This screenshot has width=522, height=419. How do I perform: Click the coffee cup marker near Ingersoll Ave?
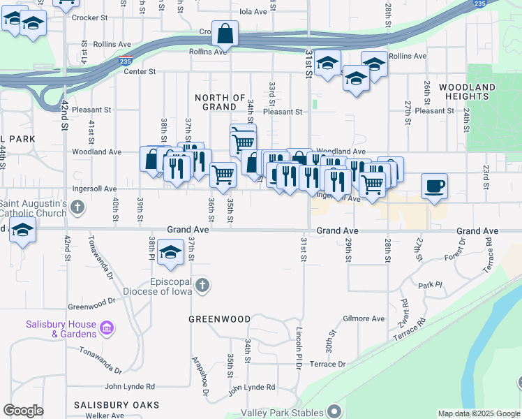(434, 186)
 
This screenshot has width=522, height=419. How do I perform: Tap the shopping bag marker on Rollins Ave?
(225, 34)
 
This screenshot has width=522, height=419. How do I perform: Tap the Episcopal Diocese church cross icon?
(202, 284)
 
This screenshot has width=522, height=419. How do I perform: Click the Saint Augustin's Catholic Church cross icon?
(77, 207)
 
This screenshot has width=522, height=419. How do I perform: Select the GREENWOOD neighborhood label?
(220, 319)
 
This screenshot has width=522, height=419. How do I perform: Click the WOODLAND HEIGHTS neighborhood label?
(468, 91)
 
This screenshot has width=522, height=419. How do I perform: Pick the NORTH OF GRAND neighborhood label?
(220, 102)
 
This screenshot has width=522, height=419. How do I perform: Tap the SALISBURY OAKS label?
(117, 405)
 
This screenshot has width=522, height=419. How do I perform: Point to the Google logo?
(23, 411)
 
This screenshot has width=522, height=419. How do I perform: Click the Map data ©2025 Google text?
(478, 413)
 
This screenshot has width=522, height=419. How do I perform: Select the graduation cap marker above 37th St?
(170, 254)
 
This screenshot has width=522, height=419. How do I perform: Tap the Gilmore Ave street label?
(364, 318)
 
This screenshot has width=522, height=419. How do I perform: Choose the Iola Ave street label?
(253, 12)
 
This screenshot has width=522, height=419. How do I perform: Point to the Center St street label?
(140, 71)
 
